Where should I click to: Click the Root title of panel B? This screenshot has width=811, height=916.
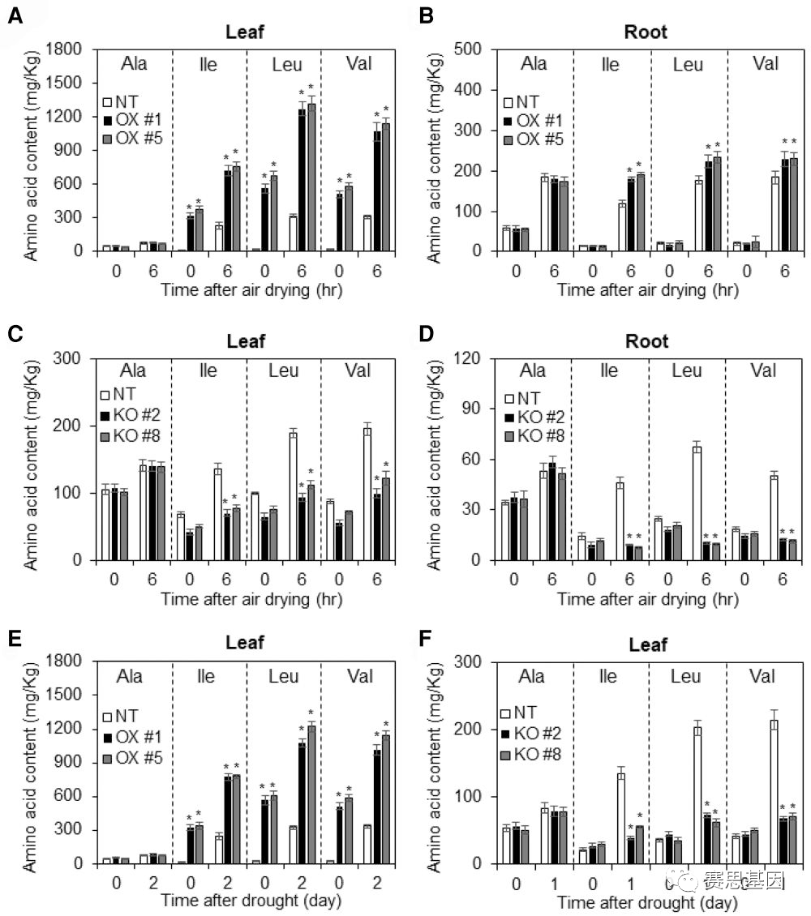click(x=646, y=32)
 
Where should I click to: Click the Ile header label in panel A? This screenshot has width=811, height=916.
click(x=208, y=64)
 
